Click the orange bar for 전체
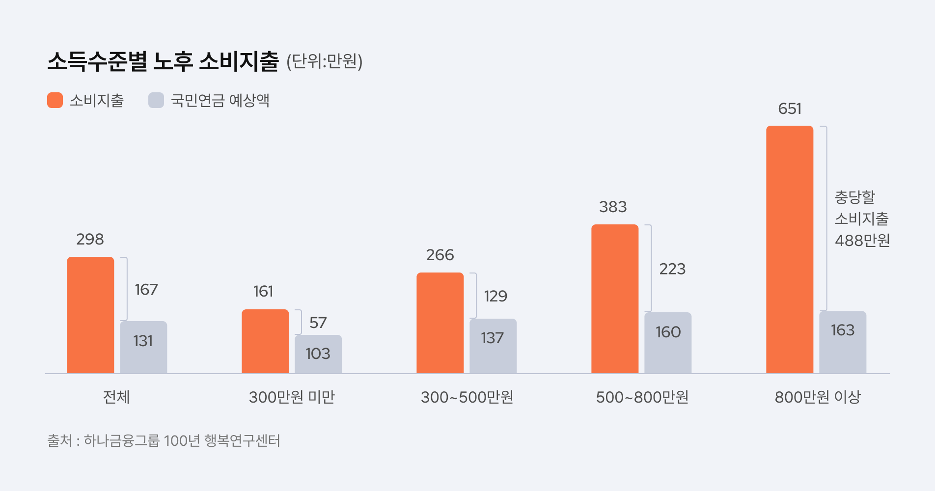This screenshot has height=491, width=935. (x=90, y=315)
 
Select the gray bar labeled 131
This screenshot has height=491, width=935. (x=143, y=347)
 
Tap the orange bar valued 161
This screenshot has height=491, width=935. (x=265, y=341)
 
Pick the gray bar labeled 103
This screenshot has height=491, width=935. (x=318, y=354)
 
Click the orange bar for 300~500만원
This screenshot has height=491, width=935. (x=440, y=323)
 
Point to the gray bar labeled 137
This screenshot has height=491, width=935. (x=493, y=346)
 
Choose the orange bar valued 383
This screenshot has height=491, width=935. (x=615, y=299)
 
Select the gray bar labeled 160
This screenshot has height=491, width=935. (x=668, y=343)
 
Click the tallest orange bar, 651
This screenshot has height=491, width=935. (x=790, y=249)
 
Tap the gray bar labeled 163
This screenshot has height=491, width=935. (x=843, y=342)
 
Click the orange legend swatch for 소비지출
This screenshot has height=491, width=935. (x=55, y=100)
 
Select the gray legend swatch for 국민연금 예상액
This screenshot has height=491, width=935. (x=156, y=100)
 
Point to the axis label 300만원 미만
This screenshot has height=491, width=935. (x=292, y=397)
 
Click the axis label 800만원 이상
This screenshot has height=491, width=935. (x=818, y=397)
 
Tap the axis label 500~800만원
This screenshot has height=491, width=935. (x=642, y=397)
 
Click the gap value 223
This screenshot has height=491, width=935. (x=672, y=269)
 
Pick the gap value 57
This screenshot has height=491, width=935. (x=318, y=323)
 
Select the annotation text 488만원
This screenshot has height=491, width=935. (x=862, y=241)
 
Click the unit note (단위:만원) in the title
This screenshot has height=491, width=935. (x=324, y=61)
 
